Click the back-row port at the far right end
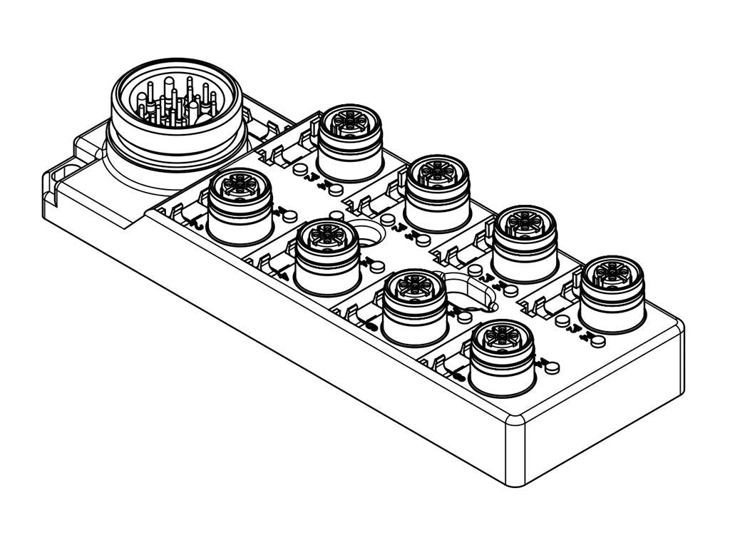point(612,292)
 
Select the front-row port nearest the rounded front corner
point(503,356)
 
